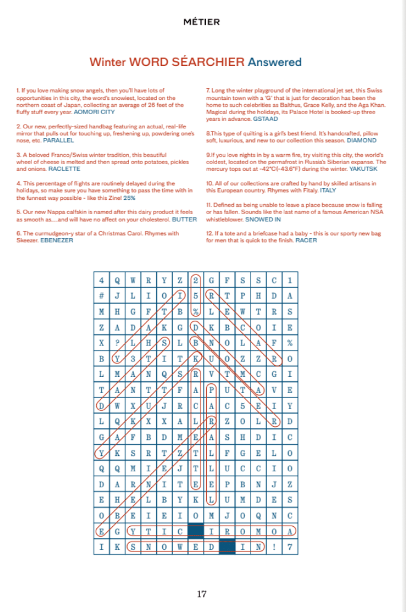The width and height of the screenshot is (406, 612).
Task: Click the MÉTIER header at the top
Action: tap(201, 22)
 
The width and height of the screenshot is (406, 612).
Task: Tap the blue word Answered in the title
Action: tap(275, 62)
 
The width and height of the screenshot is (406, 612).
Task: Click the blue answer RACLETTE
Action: tap(64, 168)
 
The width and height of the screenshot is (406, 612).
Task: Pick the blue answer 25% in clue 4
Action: tap(130, 198)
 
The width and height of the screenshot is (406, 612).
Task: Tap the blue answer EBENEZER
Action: tap(57, 240)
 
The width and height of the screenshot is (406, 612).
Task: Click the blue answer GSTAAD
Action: tap(265, 119)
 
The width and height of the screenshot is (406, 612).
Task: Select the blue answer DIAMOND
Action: tap(362, 141)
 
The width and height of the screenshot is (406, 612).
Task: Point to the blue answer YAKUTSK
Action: tap(361, 169)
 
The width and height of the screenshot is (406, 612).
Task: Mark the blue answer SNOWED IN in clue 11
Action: tap(263, 219)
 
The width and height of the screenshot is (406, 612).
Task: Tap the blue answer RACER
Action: tap(306, 240)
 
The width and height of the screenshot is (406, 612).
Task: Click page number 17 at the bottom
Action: tap(202, 594)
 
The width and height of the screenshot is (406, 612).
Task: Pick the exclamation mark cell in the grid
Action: tap(275, 546)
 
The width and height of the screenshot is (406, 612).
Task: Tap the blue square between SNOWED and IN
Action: tap(227, 546)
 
